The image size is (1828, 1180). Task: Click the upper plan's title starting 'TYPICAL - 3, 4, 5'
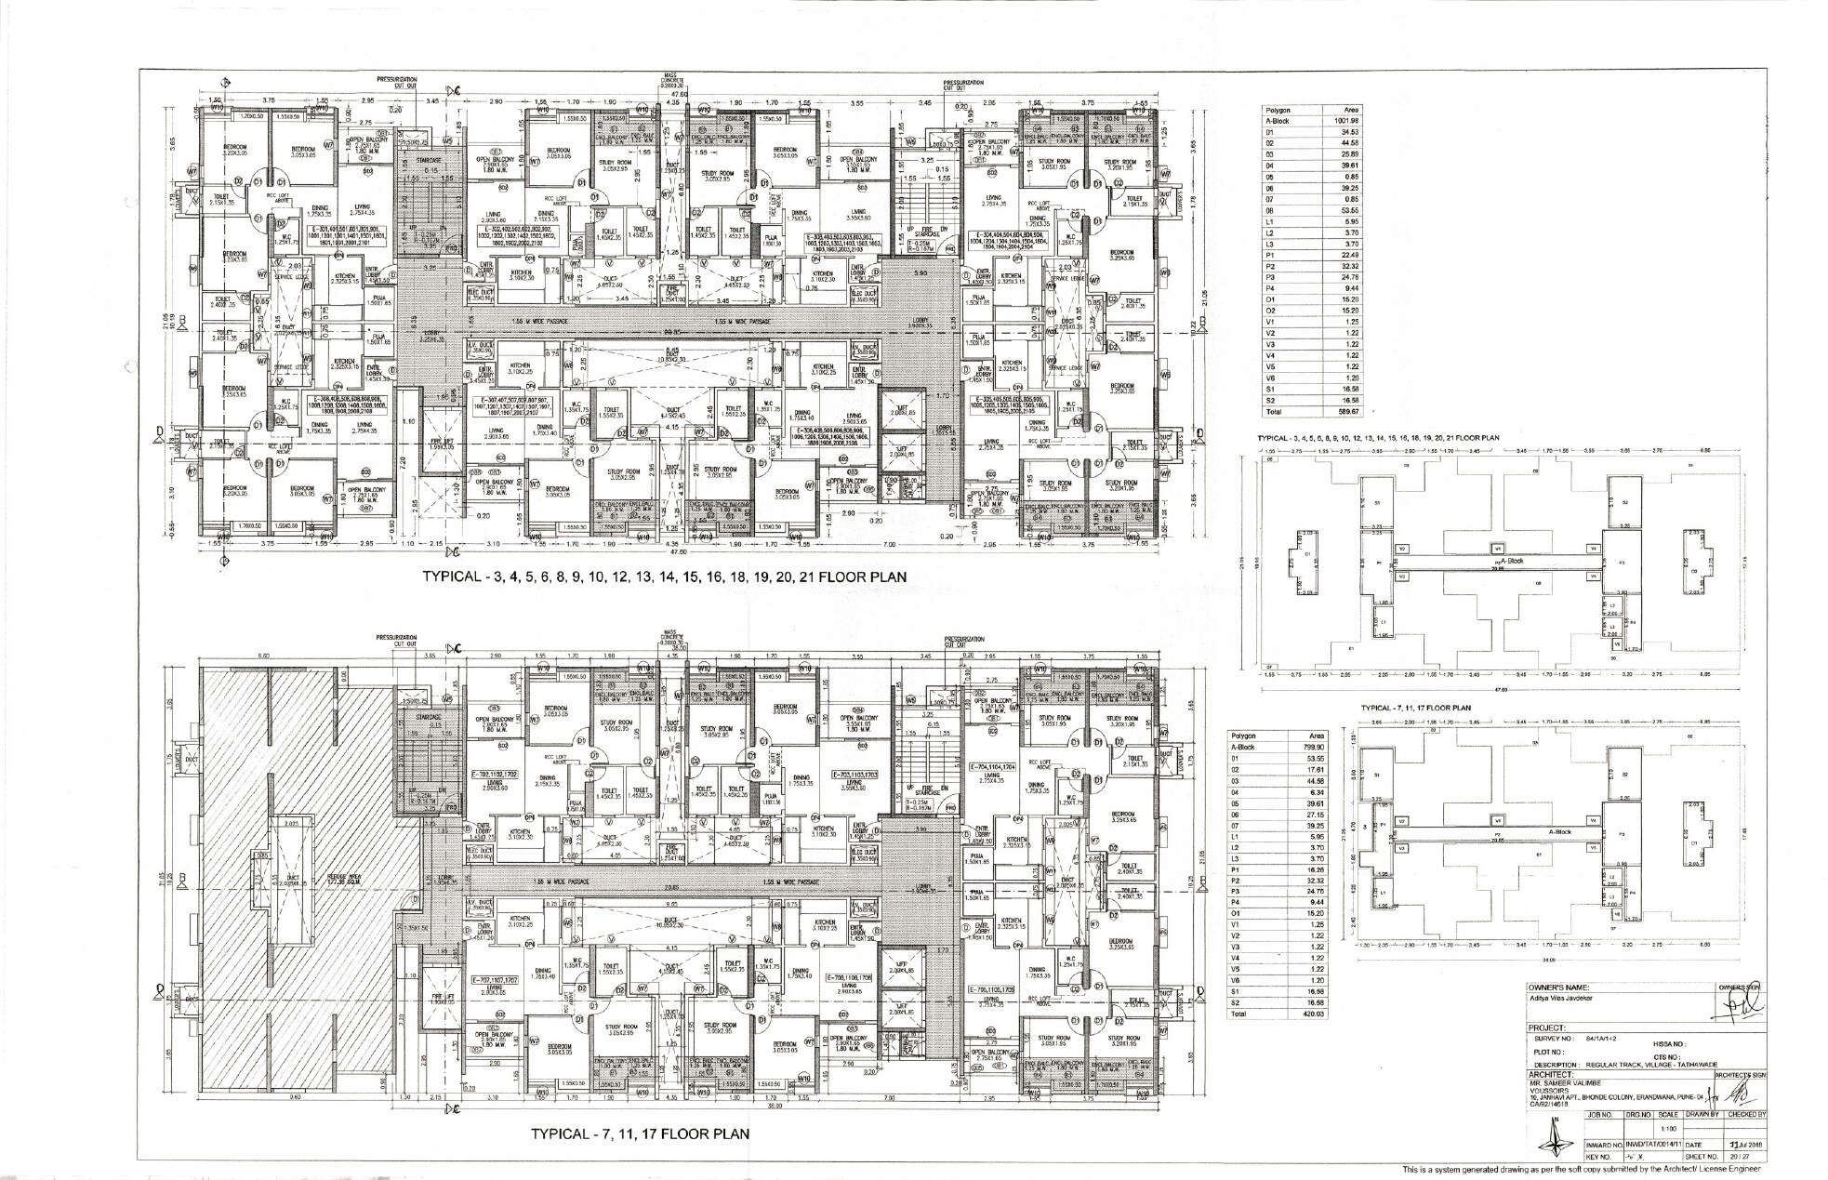click(665, 577)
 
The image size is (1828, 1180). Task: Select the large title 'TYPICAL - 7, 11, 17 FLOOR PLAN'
click(640, 1134)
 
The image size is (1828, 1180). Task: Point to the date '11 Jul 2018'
click(1746, 1145)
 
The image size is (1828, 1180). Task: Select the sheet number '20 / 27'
click(1745, 1156)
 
